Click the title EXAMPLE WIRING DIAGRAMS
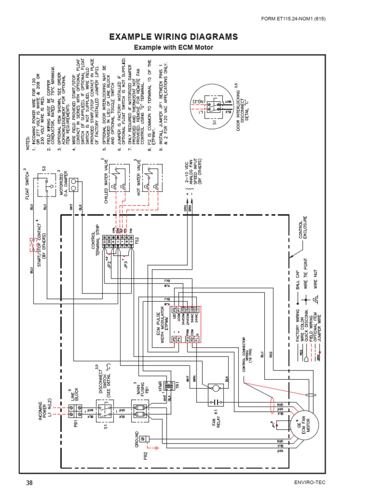(x=173, y=37)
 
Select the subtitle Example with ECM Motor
(x=173, y=48)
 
